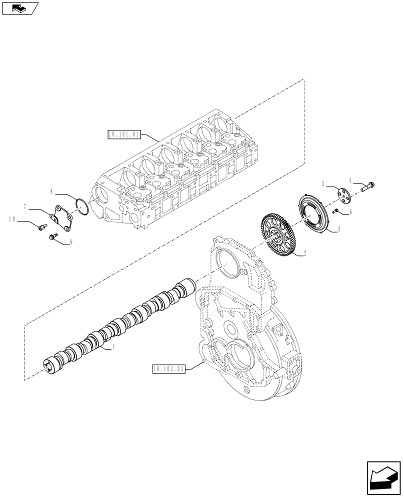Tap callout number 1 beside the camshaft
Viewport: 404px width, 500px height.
coord(113,346)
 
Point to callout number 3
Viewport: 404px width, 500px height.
coord(323,183)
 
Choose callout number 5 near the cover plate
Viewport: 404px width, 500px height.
coord(338,229)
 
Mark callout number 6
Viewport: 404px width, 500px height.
coord(350,212)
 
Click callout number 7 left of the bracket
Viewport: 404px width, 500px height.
coord(24,205)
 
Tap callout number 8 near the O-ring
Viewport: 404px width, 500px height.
coord(51,191)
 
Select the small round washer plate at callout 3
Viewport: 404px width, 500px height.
coord(343,193)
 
